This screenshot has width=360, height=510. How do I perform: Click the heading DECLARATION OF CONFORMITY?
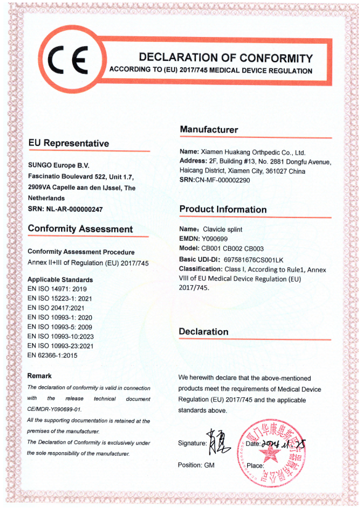(226, 58)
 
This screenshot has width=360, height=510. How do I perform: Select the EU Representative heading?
(68, 144)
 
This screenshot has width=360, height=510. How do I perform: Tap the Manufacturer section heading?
(208, 129)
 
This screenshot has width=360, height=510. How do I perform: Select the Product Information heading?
(223, 209)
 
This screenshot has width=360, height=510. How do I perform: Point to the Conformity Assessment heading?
(80, 229)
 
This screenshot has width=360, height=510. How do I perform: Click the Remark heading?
(39, 376)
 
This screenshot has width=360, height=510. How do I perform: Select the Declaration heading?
(203, 331)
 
